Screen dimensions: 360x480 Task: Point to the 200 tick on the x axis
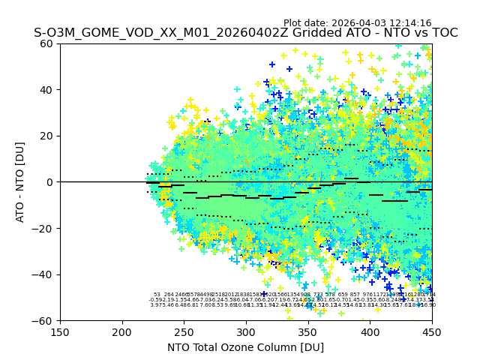(122, 331)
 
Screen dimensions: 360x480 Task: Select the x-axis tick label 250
(184, 331)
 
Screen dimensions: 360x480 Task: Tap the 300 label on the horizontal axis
(246, 331)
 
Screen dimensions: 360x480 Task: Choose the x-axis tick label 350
(308, 331)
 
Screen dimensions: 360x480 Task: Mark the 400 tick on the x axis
(370, 331)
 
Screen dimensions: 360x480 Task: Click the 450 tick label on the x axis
(432, 331)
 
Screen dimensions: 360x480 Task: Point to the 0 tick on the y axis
(51, 182)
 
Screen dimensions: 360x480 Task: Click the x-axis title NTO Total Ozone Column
(245, 347)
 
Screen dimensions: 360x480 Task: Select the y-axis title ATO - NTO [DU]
(20, 182)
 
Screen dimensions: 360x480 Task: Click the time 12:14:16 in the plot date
(410, 23)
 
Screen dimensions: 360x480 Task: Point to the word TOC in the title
(444, 33)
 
